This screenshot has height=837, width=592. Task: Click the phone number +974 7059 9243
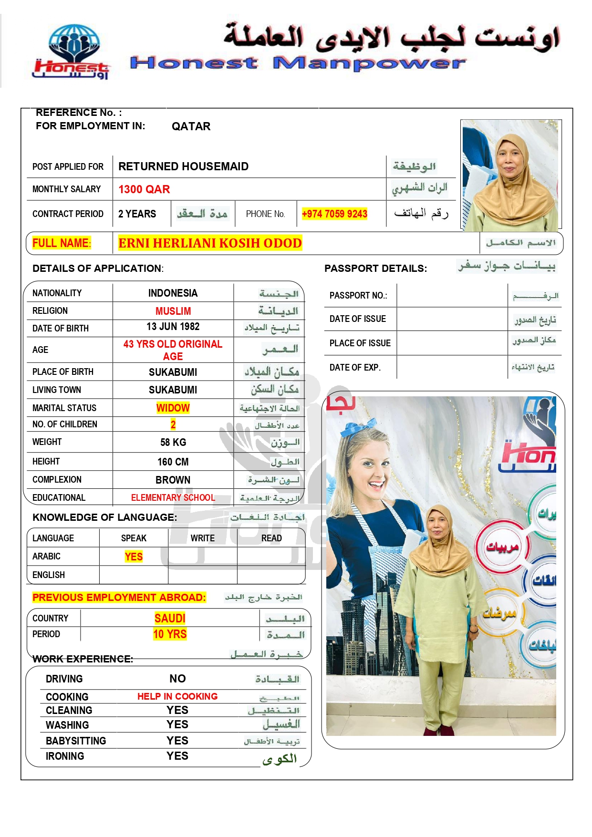click(x=334, y=214)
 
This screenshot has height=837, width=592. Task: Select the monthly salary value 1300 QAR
click(x=144, y=189)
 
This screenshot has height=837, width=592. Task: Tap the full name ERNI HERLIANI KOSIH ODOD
click(x=210, y=243)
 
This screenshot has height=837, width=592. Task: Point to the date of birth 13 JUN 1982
click(x=173, y=327)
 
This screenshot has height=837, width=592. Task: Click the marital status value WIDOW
click(x=173, y=408)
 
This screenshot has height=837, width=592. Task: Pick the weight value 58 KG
click(x=173, y=442)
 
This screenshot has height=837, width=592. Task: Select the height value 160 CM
click(x=173, y=462)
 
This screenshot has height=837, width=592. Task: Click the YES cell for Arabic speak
click(x=134, y=557)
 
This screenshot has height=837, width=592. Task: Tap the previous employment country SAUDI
click(x=170, y=618)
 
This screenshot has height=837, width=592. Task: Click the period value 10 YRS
click(x=170, y=634)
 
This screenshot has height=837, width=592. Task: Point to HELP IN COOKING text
click(x=177, y=696)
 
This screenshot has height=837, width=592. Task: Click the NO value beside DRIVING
click(x=177, y=679)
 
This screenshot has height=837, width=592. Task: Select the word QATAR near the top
click(x=191, y=126)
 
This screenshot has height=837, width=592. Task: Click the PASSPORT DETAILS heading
click(x=375, y=269)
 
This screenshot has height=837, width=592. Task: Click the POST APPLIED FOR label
click(x=68, y=166)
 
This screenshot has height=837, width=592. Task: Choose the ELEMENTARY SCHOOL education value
click(x=173, y=497)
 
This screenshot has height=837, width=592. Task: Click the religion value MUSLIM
click(x=173, y=311)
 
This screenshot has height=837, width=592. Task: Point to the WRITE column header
click(x=202, y=538)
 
